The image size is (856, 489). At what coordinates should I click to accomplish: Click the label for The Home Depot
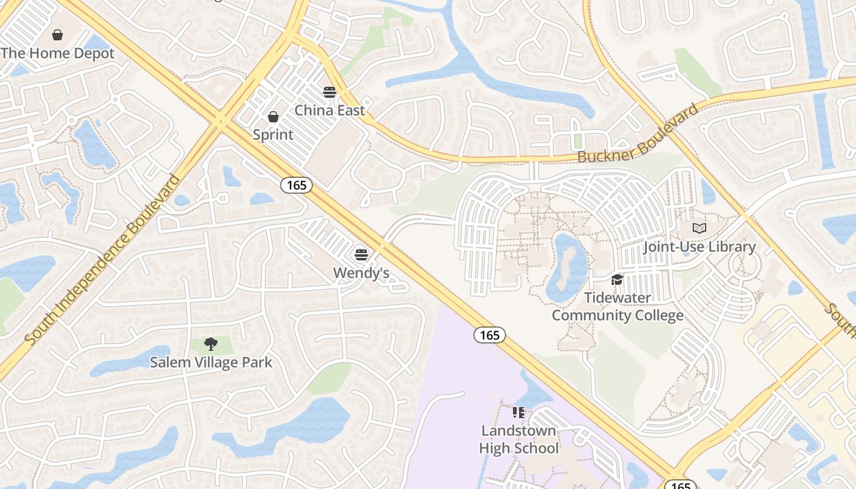(57, 53)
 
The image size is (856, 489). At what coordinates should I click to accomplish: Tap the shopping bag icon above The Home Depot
(57, 35)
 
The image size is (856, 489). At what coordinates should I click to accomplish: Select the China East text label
(330, 110)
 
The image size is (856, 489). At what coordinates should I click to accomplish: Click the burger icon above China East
(330, 92)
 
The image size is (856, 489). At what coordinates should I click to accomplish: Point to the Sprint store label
(273, 134)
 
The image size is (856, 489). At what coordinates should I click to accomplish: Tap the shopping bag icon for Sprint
(273, 116)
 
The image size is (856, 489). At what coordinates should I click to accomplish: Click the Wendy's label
(361, 273)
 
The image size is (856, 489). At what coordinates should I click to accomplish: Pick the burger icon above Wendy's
(361, 254)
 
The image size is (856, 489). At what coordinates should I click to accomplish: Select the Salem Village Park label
(211, 362)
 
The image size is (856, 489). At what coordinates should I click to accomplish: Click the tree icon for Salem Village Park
(211, 344)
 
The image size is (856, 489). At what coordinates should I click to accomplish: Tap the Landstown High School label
(518, 439)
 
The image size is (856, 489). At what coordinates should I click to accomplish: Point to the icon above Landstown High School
(518, 413)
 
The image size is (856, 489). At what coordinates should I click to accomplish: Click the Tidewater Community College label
(618, 306)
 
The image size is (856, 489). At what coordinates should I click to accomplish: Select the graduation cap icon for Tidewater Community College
(617, 280)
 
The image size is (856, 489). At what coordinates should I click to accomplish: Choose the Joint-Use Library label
(699, 246)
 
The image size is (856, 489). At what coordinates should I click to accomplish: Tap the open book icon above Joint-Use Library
(699, 229)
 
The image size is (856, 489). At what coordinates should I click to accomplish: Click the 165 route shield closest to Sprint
(297, 185)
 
